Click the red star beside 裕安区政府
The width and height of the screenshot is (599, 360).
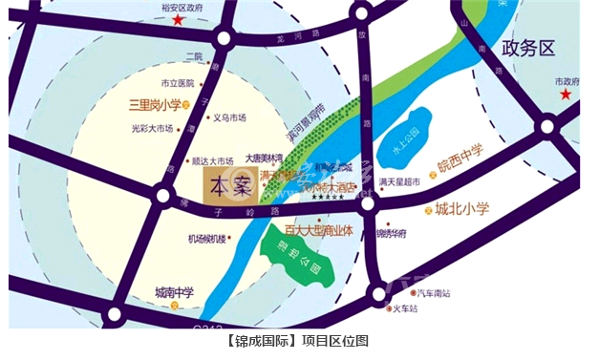(x=179, y=19)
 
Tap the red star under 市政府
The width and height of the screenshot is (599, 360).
(x=567, y=95)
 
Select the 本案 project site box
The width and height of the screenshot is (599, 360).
(x=223, y=182)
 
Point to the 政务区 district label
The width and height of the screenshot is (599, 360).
(x=528, y=48)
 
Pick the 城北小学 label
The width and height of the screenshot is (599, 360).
(x=465, y=208)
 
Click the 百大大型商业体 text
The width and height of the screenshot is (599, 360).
(x=319, y=230)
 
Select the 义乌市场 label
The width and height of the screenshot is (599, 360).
(x=229, y=117)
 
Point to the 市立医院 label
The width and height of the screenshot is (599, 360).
(x=177, y=83)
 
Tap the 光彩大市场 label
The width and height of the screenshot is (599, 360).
(x=152, y=128)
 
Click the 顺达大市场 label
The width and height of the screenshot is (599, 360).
(x=213, y=160)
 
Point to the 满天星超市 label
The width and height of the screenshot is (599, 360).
(x=399, y=181)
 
